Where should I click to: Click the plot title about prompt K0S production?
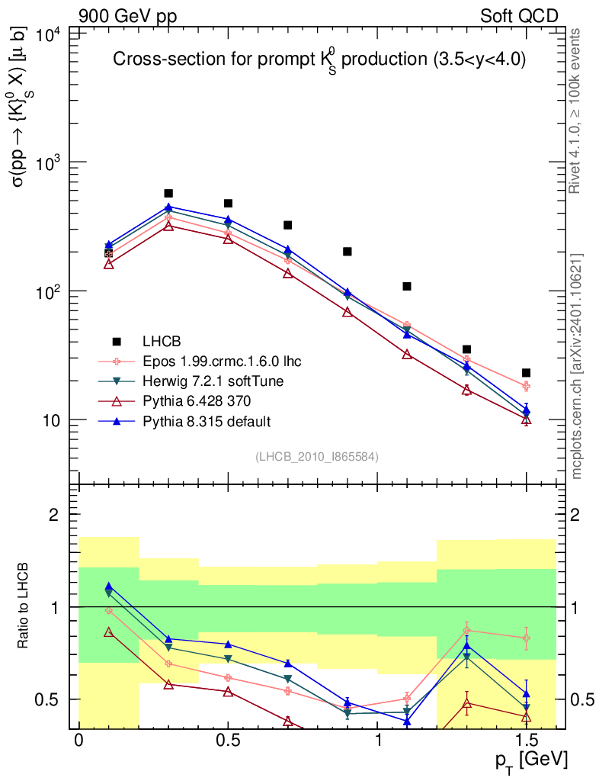[x=319, y=61]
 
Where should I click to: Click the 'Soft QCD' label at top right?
[x=519, y=16]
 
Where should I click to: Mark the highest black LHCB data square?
[x=168, y=194]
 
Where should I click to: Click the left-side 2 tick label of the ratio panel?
[x=54, y=515]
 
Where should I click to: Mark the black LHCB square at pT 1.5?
[x=526, y=373]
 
